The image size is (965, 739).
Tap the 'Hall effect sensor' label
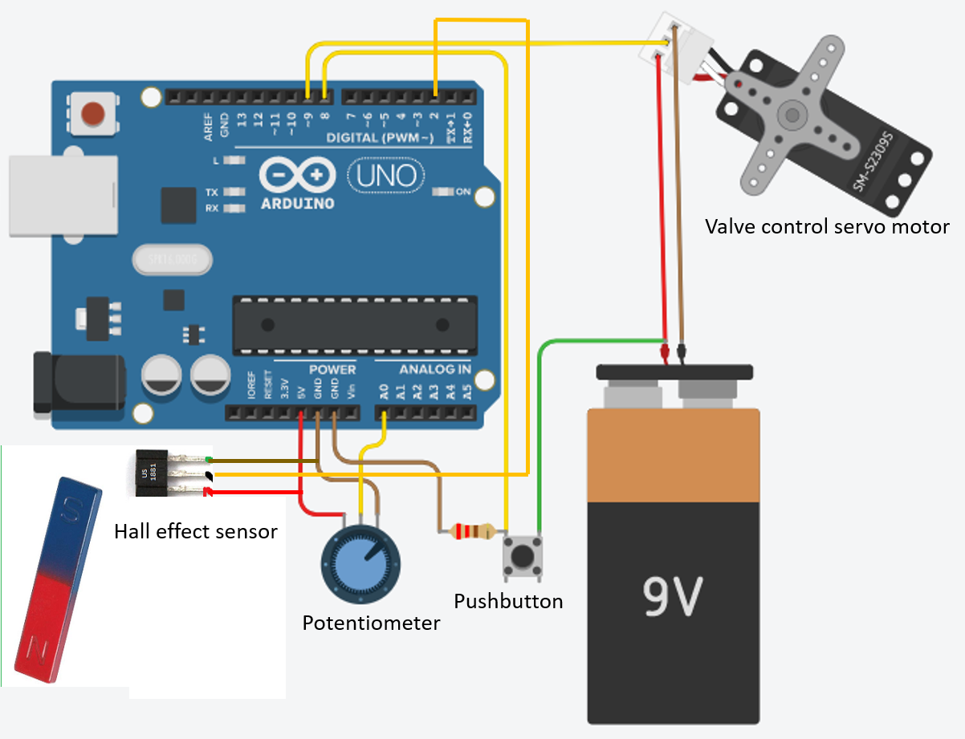195,531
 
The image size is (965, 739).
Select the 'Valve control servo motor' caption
826,226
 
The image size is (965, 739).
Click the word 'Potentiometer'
371,623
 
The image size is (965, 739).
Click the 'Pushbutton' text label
508,601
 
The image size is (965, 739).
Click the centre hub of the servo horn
795,115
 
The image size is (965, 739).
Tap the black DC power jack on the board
78,384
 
